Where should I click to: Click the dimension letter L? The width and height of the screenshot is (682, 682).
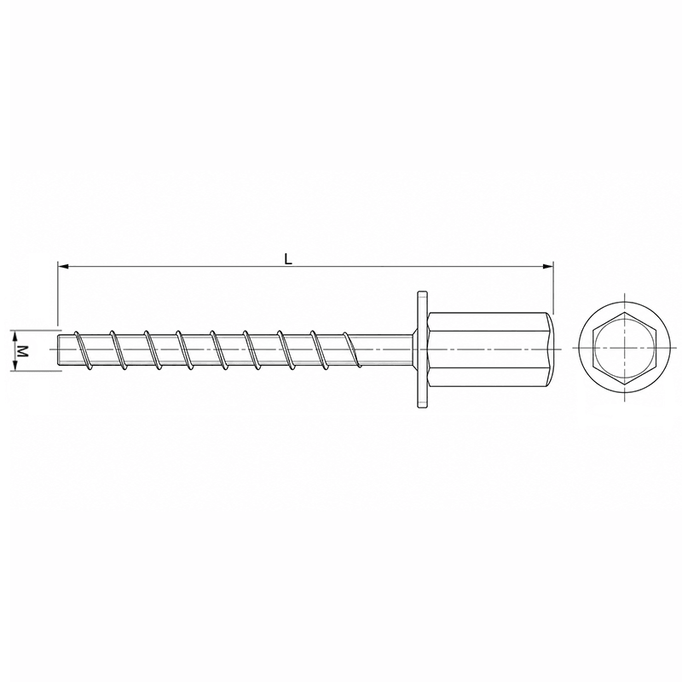click(x=288, y=259)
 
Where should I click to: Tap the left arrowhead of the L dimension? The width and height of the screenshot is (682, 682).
click(x=63, y=266)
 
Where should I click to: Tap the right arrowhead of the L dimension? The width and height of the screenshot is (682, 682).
click(x=547, y=266)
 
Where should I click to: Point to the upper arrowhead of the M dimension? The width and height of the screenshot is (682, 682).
click(x=15, y=335)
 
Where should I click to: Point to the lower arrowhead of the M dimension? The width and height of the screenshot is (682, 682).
click(x=15, y=366)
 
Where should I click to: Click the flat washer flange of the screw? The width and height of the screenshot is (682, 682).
click(x=422, y=350)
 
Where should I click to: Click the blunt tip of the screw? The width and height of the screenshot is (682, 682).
click(x=60, y=350)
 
